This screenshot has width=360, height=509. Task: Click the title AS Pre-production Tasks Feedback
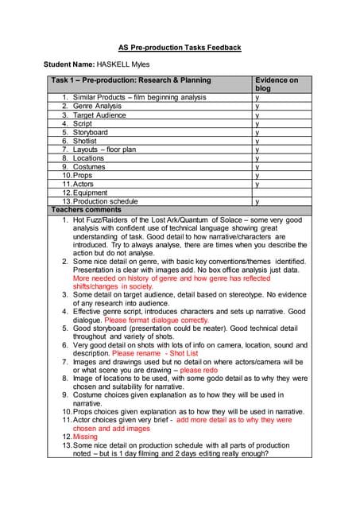point(180,48)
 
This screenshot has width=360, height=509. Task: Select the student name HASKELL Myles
point(126,64)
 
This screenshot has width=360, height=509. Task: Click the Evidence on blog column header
point(276,84)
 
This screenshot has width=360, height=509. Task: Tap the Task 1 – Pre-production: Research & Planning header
point(131,80)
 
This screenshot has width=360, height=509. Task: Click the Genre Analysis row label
point(97,106)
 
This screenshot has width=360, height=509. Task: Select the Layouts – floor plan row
point(104,150)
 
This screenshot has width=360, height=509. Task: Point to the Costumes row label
point(89,167)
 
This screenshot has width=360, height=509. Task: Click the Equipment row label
point(91,192)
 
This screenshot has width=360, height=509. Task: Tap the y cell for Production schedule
point(257,202)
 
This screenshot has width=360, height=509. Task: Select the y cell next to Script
point(257,123)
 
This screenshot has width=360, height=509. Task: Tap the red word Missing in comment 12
point(85,437)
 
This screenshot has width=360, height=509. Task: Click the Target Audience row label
point(99,115)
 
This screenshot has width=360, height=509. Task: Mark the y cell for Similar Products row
point(257,97)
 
